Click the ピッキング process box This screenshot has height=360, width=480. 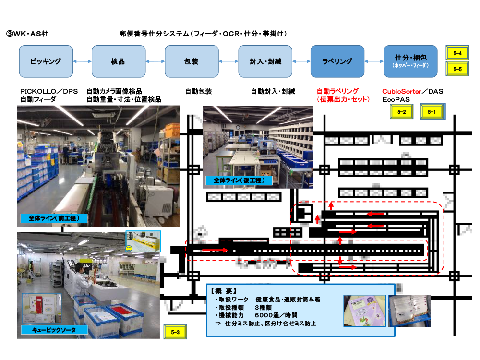click(x=46, y=61)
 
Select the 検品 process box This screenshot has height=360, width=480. click(x=118, y=61)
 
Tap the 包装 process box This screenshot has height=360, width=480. click(x=191, y=61)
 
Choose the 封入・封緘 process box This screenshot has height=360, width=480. click(x=265, y=61)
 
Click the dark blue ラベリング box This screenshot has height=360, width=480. click(x=337, y=61)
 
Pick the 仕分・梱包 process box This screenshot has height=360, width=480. click(x=410, y=61)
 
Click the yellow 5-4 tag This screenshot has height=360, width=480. click(x=457, y=54)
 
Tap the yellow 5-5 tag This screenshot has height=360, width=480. click(x=457, y=69)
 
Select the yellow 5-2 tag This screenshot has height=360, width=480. click(x=402, y=112)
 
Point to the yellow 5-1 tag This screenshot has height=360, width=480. click(x=432, y=112)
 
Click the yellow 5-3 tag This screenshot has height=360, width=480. click(x=175, y=332)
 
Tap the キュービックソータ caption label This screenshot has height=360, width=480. click(x=54, y=330)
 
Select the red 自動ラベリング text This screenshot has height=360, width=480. click(x=337, y=91)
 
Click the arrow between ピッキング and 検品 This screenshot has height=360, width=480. click(x=82, y=61)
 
